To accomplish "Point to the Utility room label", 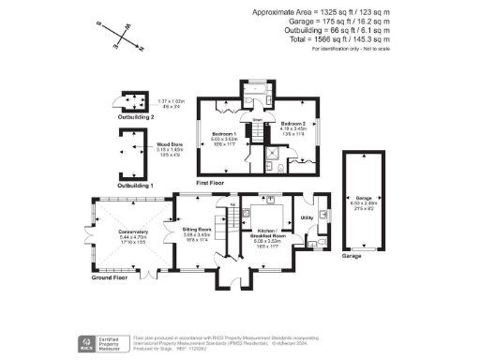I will [x=306, y=217].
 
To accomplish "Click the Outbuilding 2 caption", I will [x=128, y=117].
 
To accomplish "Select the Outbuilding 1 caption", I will [x=128, y=187].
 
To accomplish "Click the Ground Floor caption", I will [x=109, y=278].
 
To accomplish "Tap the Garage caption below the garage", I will [x=352, y=255].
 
